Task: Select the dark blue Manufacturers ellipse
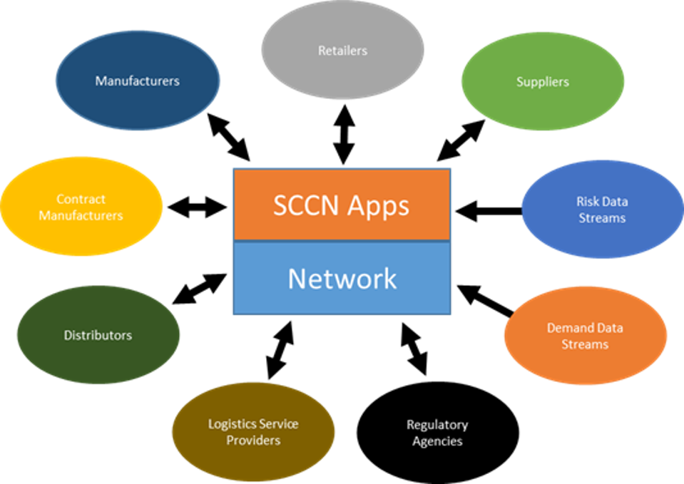(138, 80)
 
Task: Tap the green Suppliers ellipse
(543, 81)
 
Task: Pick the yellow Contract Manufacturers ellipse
(81, 207)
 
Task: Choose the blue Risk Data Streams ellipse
(602, 210)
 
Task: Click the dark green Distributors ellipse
(98, 335)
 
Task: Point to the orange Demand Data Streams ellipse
(585, 336)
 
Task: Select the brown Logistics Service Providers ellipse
(253, 432)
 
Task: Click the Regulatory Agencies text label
(437, 433)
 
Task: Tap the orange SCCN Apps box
(342, 205)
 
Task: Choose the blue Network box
(342, 278)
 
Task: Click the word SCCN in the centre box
(306, 205)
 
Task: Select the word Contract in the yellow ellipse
(81, 199)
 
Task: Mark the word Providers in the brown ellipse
(253, 441)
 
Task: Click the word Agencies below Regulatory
(437, 441)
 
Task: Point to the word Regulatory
(437, 425)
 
